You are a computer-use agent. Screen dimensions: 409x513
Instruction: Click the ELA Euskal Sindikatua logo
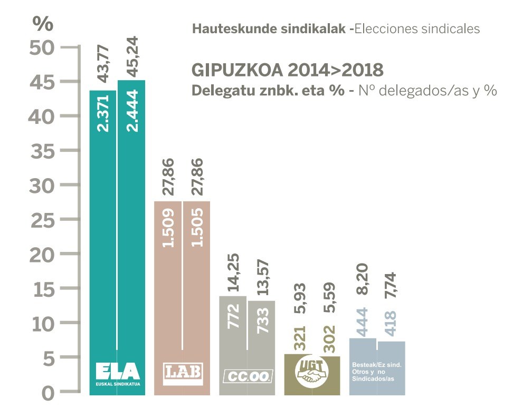point(117,373)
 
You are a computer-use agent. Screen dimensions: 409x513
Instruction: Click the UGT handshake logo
point(311,371)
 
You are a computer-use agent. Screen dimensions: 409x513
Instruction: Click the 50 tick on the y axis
point(43,47)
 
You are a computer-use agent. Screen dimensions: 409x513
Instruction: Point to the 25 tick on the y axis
point(43,220)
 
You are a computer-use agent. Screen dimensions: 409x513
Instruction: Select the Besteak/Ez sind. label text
point(377,364)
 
